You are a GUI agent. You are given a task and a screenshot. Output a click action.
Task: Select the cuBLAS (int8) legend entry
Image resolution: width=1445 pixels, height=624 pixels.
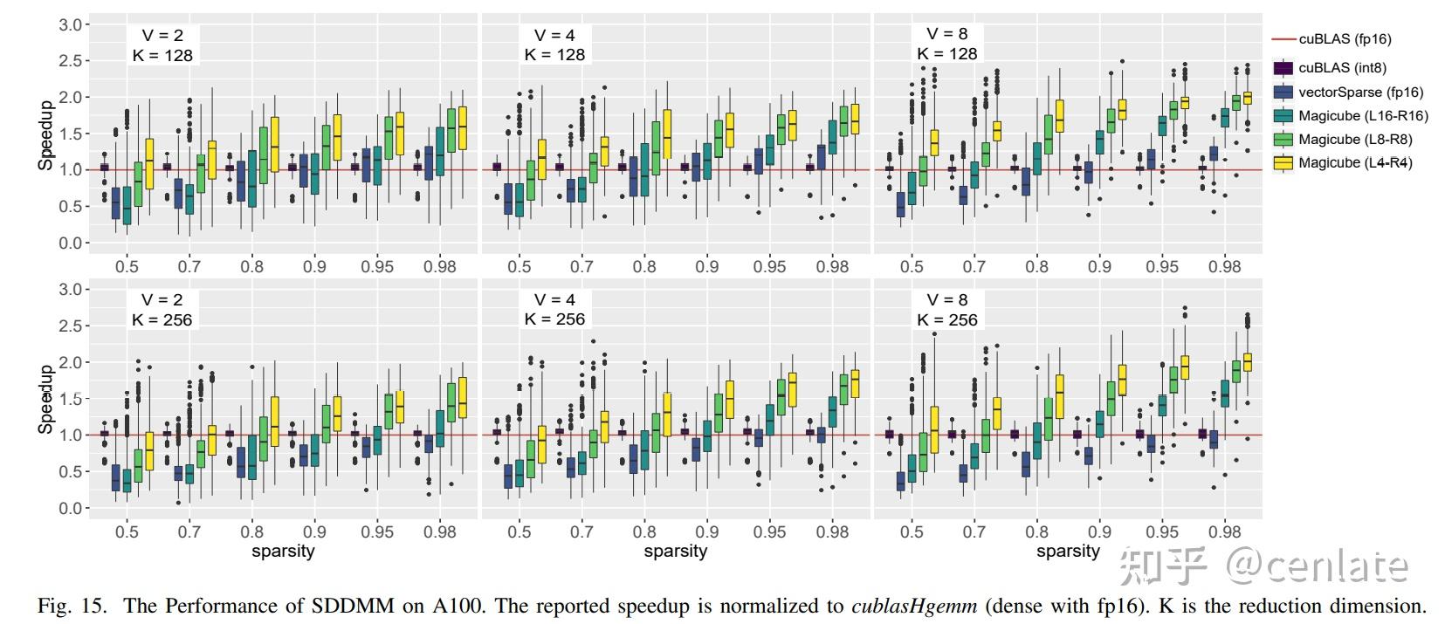click(1342, 68)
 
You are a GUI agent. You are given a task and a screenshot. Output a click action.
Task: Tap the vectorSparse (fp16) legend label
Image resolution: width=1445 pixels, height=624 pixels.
click(1360, 93)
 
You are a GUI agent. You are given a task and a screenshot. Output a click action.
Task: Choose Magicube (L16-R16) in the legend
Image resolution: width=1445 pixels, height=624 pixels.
click(1363, 116)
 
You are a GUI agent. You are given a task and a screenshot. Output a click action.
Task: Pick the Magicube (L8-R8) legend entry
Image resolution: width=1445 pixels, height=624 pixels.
click(1355, 140)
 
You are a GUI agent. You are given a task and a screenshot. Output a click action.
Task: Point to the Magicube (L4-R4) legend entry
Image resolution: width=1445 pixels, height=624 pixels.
click(1355, 163)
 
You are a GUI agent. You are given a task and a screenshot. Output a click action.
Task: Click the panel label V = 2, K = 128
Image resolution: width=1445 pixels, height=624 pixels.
click(162, 45)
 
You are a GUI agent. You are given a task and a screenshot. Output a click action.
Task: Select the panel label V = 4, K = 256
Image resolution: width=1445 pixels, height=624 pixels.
click(554, 310)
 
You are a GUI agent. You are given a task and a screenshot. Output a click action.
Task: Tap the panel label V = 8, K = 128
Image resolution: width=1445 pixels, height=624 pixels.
click(947, 44)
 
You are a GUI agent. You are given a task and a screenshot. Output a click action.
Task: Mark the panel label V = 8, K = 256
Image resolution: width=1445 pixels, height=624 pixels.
click(947, 310)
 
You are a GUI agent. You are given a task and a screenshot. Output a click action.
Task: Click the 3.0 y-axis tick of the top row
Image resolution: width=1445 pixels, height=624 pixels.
click(70, 25)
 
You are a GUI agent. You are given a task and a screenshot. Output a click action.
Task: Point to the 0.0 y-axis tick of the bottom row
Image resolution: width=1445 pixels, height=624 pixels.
click(70, 508)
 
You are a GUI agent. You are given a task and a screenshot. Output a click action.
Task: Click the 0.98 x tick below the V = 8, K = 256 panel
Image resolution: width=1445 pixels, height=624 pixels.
click(1225, 531)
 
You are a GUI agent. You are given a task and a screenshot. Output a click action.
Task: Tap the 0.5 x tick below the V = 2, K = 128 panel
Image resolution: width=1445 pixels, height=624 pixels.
click(127, 267)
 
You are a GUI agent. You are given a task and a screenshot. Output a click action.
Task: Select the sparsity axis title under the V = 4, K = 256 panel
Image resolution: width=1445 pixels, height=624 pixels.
click(675, 552)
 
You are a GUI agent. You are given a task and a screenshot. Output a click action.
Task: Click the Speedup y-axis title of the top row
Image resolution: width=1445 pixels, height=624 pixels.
click(45, 134)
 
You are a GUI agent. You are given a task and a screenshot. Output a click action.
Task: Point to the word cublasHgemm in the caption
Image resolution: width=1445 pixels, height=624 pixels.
click(913, 606)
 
